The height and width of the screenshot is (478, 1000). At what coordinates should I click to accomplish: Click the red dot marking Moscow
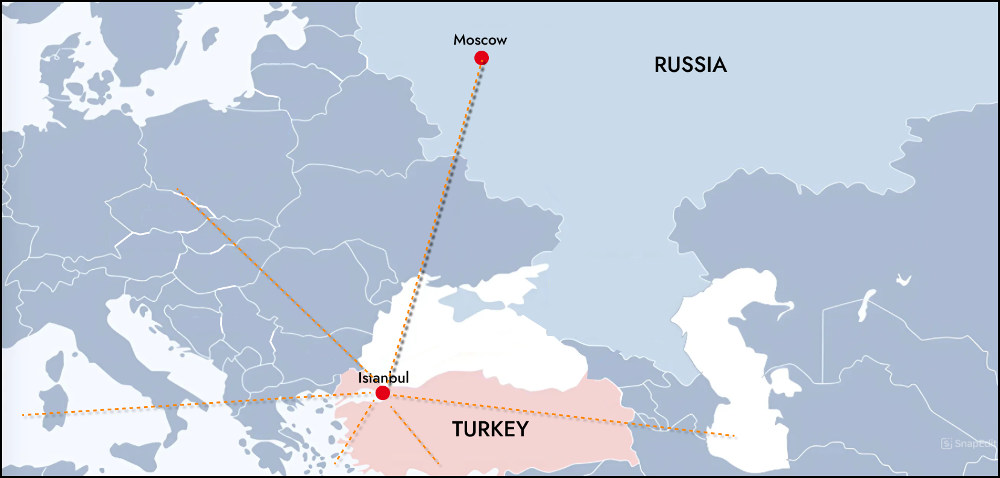[481, 58]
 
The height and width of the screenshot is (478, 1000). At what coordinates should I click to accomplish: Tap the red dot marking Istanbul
[383, 393]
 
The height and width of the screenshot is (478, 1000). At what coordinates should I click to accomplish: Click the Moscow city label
[480, 40]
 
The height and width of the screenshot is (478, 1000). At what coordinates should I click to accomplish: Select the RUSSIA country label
[690, 65]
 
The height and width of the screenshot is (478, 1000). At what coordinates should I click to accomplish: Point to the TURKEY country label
[490, 429]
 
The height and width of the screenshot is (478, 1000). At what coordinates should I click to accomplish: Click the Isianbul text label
[383, 378]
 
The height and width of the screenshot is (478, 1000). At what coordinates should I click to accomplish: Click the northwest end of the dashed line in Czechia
[177, 190]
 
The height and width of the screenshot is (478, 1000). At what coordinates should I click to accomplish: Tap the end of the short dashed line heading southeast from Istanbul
[439, 464]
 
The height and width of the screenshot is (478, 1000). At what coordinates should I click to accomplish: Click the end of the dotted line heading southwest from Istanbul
[336, 464]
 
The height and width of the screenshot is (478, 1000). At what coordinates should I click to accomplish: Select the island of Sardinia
[53, 401]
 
